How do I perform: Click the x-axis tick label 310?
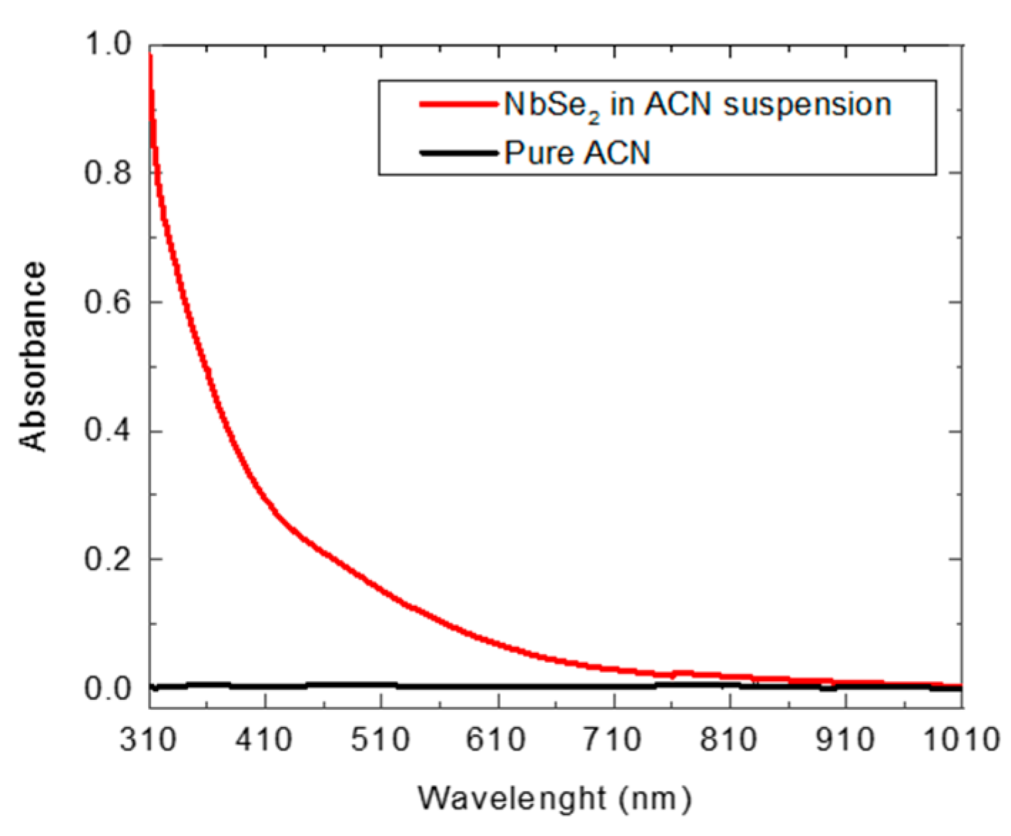click(148, 740)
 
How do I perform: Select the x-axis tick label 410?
click(264, 740)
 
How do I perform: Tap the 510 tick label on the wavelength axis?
click(381, 740)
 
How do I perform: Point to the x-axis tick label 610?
click(497, 740)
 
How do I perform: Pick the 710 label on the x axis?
click(613, 740)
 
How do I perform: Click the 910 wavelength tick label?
click(846, 740)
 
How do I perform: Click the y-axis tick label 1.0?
click(108, 45)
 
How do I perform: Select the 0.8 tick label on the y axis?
click(108, 173)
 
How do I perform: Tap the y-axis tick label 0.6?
click(108, 302)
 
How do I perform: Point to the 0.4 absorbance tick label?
click(108, 431)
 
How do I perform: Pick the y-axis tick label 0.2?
click(108, 559)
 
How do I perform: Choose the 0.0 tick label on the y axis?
click(108, 688)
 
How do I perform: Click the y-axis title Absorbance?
click(33, 356)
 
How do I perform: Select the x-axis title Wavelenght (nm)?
click(554, 798)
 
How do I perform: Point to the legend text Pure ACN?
click(577, 153)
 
